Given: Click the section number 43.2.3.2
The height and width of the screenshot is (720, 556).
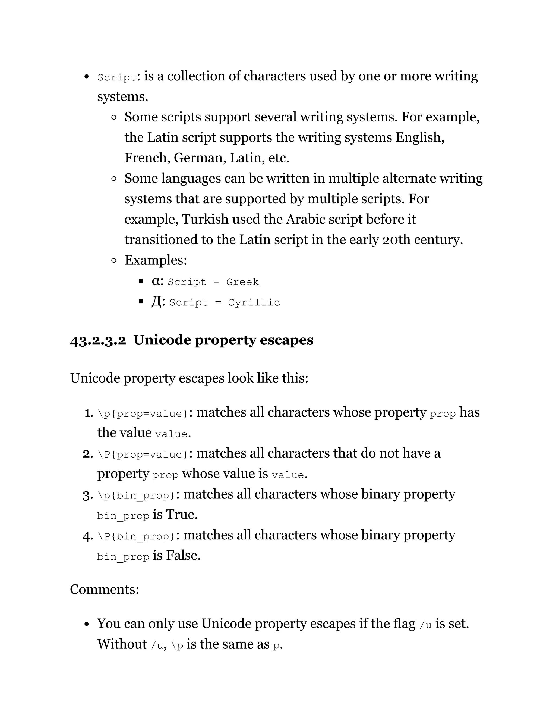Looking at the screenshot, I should [98, 340].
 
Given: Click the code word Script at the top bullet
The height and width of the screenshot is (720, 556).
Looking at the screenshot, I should [116, 77].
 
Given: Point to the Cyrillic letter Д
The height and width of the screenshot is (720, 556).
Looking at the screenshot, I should [156, 302].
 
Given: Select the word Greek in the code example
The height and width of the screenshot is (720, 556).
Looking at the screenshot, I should [242, 282].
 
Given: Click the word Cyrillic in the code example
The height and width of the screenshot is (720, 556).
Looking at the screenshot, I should [254, 303].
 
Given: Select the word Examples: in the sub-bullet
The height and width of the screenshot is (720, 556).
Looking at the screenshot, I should [156, 260].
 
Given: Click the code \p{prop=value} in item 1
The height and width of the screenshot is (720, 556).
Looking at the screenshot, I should [143, 414].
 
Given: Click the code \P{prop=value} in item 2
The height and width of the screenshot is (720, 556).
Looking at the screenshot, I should [143, 455].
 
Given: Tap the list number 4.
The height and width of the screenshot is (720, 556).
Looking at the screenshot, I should [88, 536].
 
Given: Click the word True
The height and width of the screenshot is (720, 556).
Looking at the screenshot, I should [182, 515].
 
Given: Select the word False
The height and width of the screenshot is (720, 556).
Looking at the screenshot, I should [183, 556].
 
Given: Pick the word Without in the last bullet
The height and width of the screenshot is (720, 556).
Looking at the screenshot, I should [122, 644].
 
